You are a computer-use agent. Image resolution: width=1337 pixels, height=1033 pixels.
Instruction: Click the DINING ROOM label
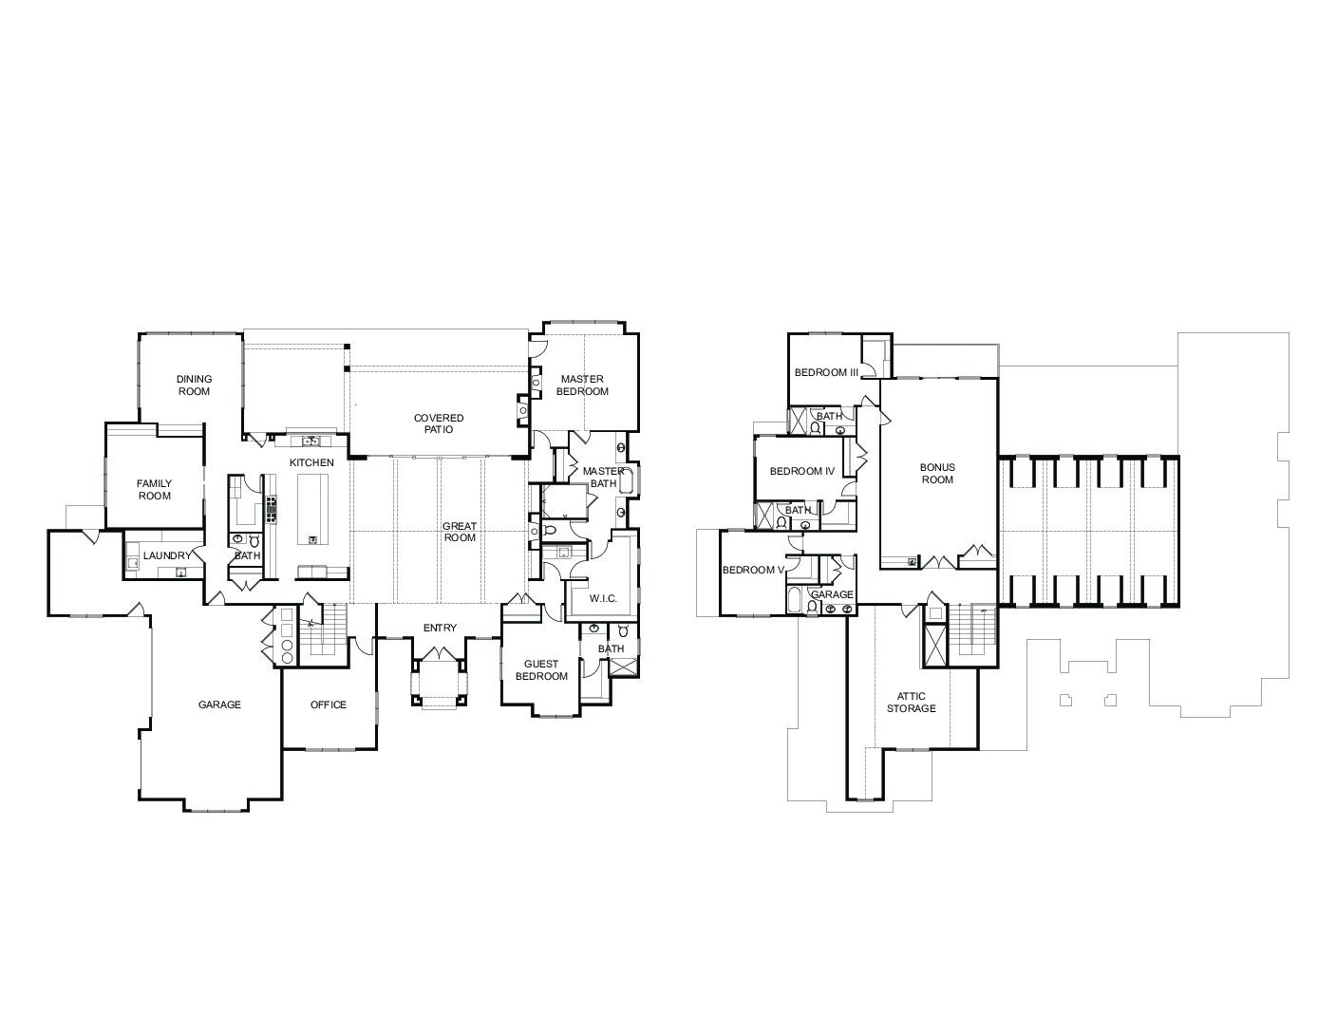[x=194, y=385]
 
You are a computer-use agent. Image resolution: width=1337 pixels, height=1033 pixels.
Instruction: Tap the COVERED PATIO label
[x=438, y=423]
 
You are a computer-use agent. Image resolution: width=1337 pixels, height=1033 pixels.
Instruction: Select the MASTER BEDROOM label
[x=582, y=385]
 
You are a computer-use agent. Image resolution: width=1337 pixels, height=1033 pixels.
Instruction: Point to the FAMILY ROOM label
[x=154, y=490]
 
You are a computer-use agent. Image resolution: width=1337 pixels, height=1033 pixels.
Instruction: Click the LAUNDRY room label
[x=167, y=555]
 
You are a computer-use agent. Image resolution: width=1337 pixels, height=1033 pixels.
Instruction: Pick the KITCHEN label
[x=311, y=462]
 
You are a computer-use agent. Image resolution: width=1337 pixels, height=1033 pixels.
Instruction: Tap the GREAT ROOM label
[x=460, y=532]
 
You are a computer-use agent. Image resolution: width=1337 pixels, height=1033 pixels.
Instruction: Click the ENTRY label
[x=440, y=628]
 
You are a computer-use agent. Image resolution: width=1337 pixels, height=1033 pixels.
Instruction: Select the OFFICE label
[x=328, y=704]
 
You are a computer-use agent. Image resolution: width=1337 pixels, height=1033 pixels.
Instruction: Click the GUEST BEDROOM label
[x=541, y=670]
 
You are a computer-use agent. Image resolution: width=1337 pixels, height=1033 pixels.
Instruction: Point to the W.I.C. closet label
[x=603, y=599]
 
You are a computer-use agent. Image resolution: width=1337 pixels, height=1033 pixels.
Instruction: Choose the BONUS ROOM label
[x=937, y=474]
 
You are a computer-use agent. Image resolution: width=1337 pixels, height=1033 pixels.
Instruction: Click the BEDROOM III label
[x=826, y=372]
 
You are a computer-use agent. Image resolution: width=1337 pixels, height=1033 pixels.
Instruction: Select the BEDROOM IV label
[x=802, y=471]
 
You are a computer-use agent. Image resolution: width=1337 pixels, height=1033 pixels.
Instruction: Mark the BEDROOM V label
[x=753, y=570]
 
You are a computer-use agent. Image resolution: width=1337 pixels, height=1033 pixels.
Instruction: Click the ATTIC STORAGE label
[x=912, y=702]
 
